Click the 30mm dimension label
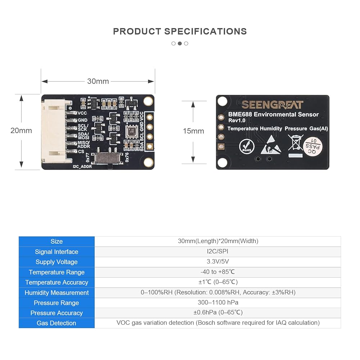(98, 81)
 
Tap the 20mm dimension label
(21, 131)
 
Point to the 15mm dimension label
(193, 131)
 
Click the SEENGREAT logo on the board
(273, 105)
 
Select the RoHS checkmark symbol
(247, 146)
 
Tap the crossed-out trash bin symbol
(296, 143)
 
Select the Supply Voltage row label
(57, 262)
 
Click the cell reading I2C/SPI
(218, 252)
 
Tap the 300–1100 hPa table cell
(218, 302)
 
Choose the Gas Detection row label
(57, 323)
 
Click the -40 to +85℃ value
(218, 272)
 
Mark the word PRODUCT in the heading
(137, 31)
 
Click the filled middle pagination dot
(180, 44)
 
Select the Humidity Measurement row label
(57, 293)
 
